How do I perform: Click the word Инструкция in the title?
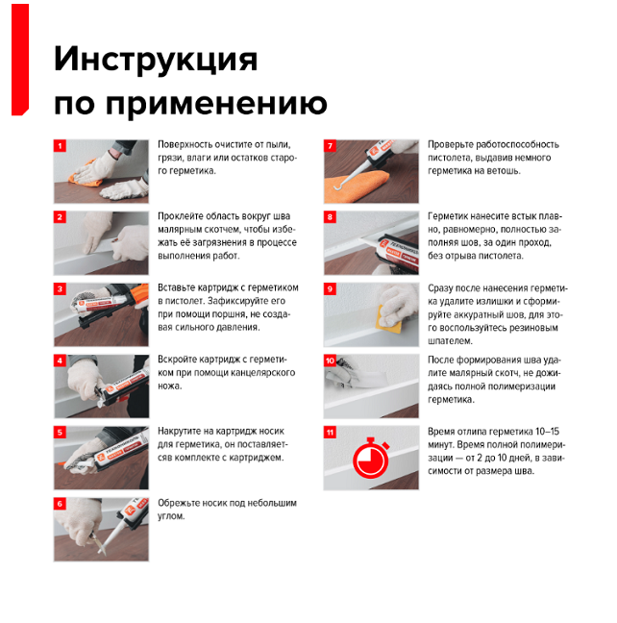156,60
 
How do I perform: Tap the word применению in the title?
216,104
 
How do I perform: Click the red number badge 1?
60,146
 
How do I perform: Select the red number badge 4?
60,361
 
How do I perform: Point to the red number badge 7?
330,146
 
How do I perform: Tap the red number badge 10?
330,361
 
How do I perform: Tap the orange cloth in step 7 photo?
356,187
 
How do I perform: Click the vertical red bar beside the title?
20,60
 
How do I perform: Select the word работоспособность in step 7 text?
517,144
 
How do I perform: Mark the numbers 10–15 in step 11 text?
547,432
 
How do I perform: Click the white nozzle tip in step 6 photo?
102,552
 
